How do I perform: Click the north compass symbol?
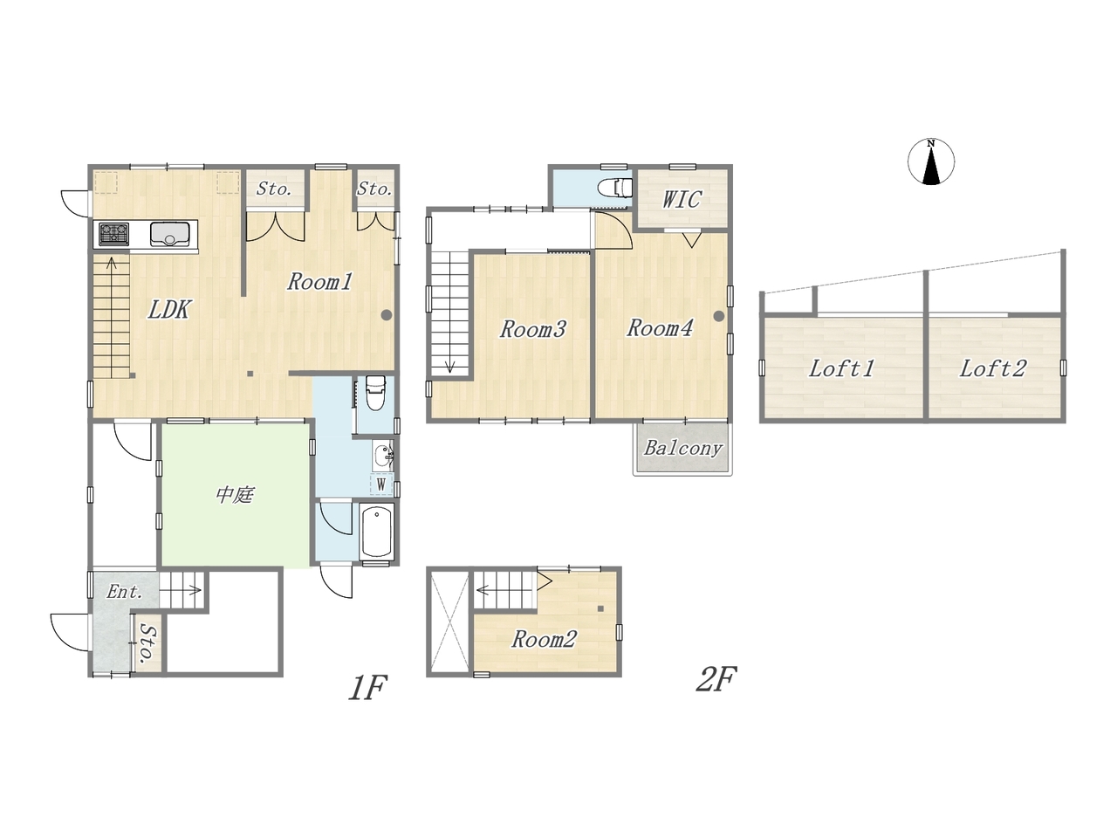tap(931, 161)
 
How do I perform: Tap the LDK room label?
tap(169, 309)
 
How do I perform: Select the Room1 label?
tap(319, 281)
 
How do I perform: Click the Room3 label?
tap(533, 329)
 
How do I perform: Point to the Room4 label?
tap(660, 328)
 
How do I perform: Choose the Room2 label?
tap(544, 639)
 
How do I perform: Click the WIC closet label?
tap(682, 199)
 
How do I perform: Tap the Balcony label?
tap(683, 449)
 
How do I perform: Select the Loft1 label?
tap(841, 369)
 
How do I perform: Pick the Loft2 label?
tap(993, 369)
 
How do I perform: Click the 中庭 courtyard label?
tap(235, 495)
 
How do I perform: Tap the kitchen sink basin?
tap(170, 234)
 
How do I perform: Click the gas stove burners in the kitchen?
tap(113, 234)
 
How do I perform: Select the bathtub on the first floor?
tap(377, 532)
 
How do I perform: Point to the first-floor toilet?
tap(375, 393)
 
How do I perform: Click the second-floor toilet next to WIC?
tap(615, 188)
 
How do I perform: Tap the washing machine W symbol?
tap(381, 484)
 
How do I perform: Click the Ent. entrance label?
tap(125, 592)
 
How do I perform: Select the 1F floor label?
tap(368, 688)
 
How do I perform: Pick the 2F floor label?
tap(716, 680)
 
